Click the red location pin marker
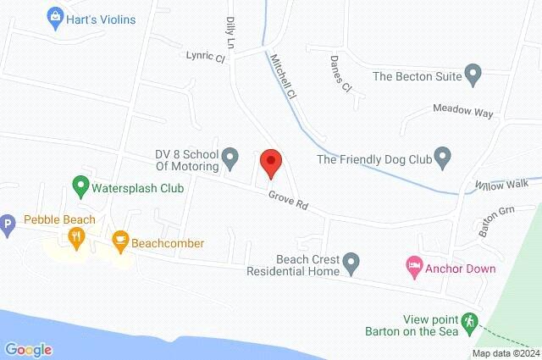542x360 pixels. click(269, 162)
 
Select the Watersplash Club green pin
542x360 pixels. click(80, 184)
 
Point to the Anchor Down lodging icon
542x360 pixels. click(413, 269)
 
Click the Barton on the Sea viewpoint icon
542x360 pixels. click(469, 322)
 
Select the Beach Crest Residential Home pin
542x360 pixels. click(357, 262)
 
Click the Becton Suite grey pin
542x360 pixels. click(474, 75)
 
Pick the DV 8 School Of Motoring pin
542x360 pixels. click(229, 158)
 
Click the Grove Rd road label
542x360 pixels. click(288, 201)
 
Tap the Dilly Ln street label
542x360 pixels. click(229, 32)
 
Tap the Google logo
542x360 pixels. click(28, 349)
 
